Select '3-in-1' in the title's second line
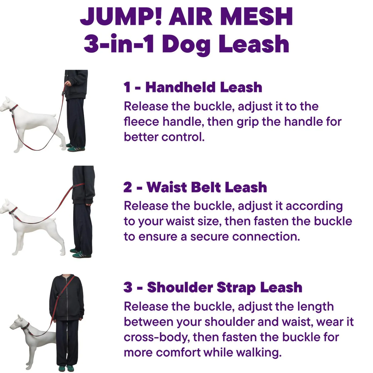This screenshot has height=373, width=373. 119,44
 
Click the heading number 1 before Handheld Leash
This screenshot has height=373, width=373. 127,87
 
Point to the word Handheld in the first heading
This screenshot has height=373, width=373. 180,87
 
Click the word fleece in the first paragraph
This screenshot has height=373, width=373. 141,122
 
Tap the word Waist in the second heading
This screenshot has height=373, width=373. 167,187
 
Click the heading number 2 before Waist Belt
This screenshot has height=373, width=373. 128,187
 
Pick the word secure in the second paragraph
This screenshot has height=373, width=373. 209,237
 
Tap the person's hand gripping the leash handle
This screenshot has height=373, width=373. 68,83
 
